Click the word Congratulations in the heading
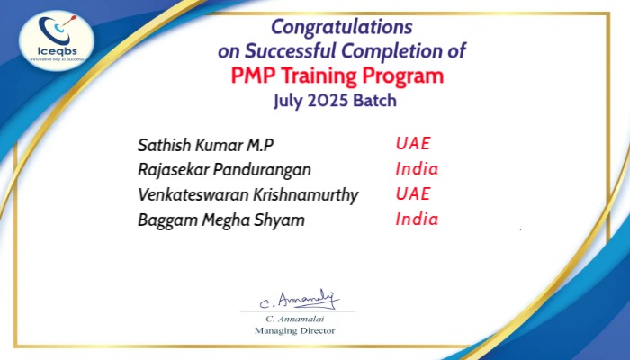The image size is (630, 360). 341,28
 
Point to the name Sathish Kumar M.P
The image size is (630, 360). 205,145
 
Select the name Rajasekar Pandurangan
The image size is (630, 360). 224,170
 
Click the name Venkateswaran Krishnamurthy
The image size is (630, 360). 247,195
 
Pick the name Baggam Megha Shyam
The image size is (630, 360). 221,220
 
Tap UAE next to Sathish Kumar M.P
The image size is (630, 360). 413,143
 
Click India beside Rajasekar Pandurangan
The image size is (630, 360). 417,169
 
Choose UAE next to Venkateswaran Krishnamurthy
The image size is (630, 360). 413,193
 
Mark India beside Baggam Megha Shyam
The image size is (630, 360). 417,219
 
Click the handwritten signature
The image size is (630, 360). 300,300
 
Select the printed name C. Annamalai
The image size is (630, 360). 294,319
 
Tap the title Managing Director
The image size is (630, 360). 294,330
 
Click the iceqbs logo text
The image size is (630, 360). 57,51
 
